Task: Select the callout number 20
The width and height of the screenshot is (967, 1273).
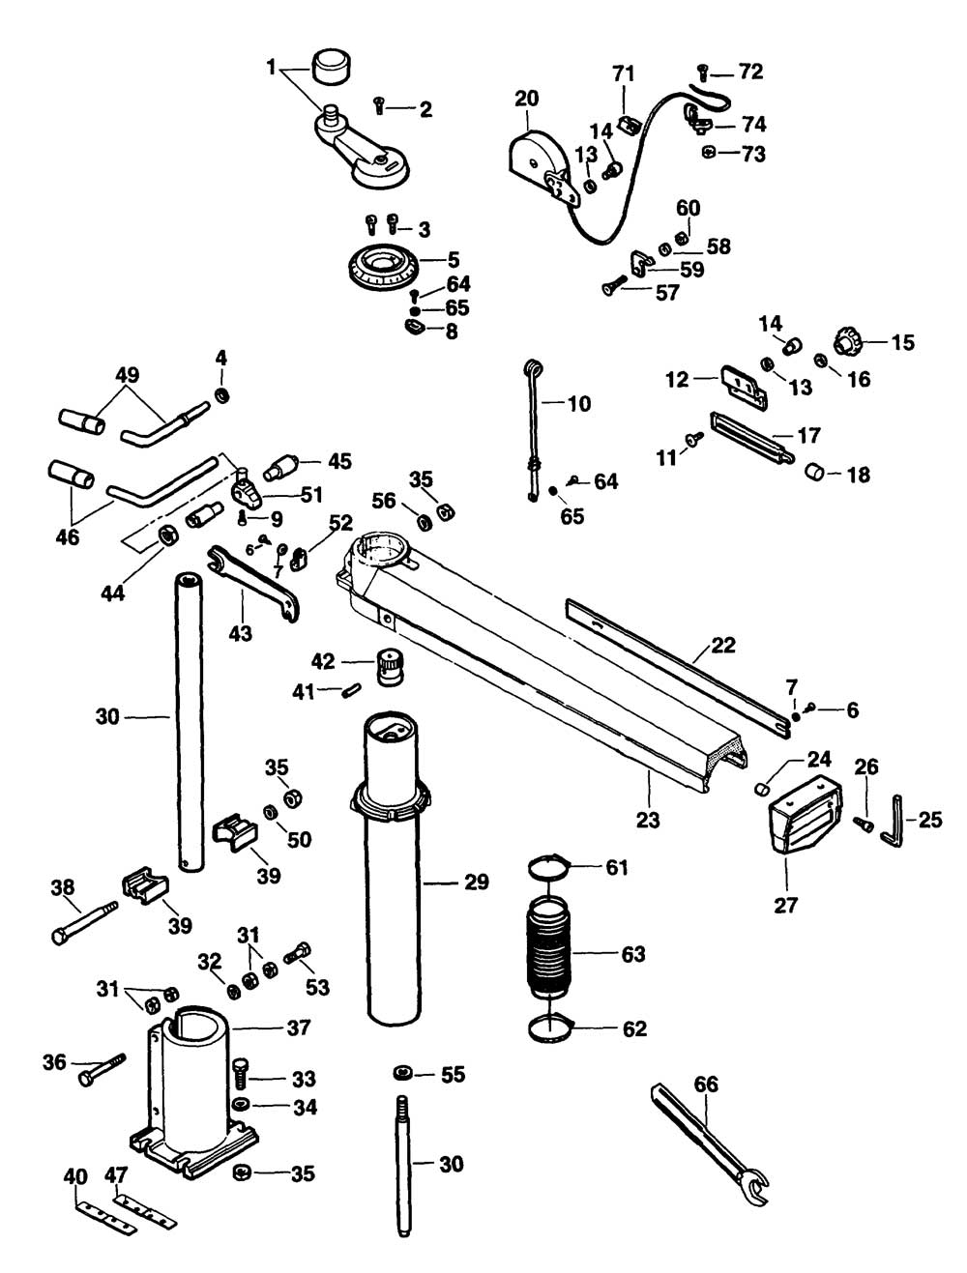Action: point(526,99)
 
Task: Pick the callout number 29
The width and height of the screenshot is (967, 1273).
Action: point(477,882)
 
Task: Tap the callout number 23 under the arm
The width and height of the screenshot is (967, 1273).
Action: point(648,820)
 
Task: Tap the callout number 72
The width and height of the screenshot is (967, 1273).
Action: point(750,72)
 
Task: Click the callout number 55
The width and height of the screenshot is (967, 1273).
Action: point(453,1075)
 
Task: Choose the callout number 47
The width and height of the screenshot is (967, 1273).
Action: point(116,1175)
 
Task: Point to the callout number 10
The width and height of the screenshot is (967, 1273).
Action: point(578,403)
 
